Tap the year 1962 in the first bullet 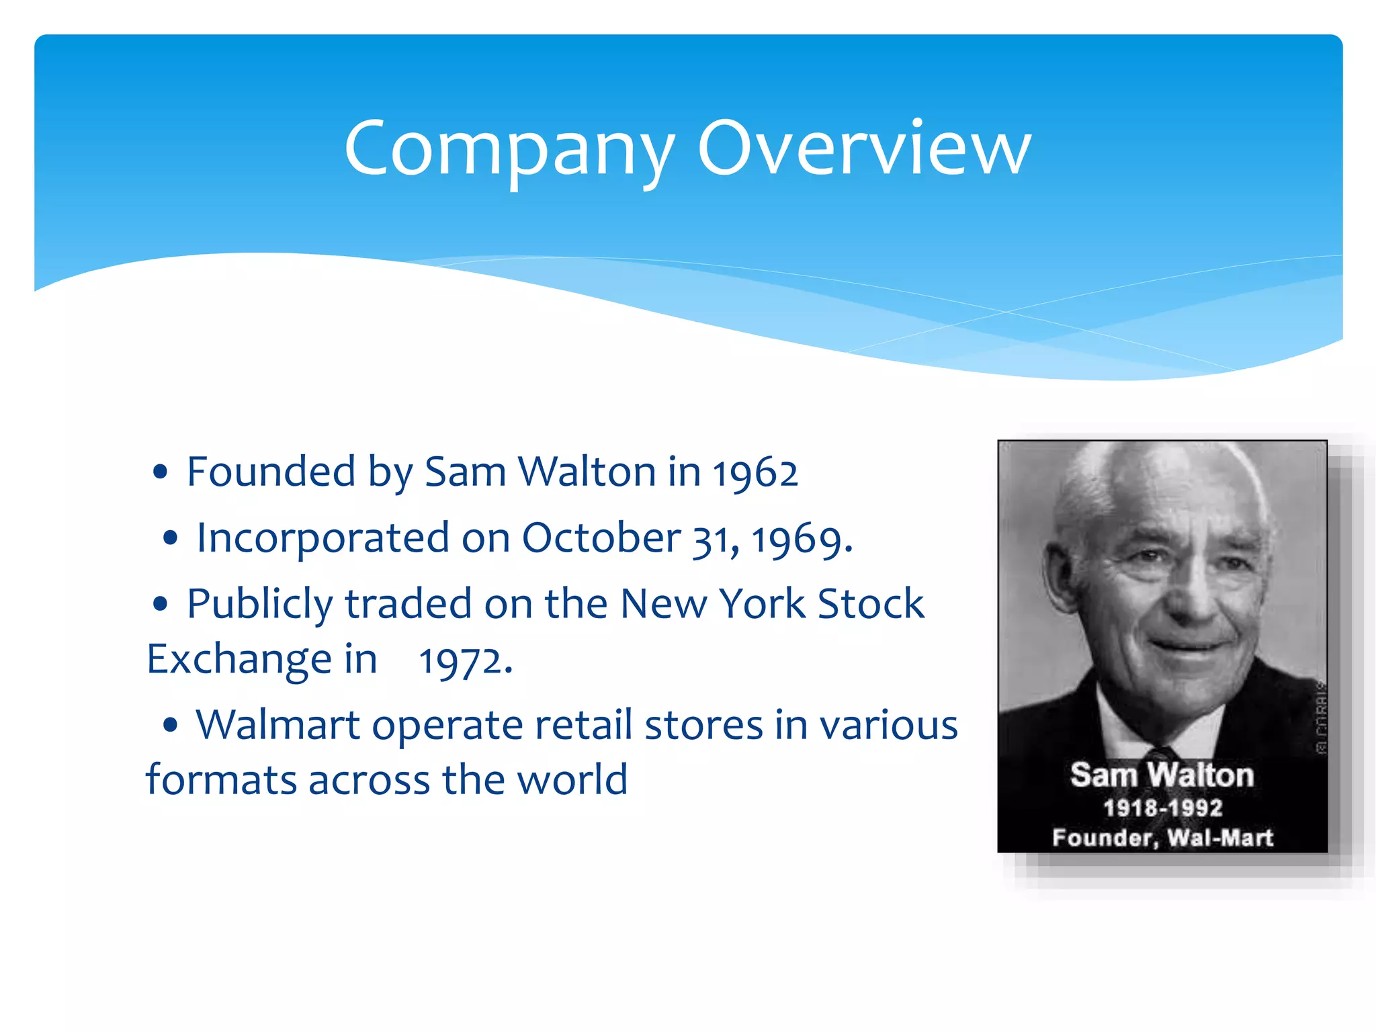coord(755,472)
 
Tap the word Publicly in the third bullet coord(259,604)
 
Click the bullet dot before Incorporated coord(171,537)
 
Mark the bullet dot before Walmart coord(171,725)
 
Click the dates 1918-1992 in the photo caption coord(1162,808)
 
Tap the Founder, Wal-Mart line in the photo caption coord(1162,838)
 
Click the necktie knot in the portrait coord(1161,758)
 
